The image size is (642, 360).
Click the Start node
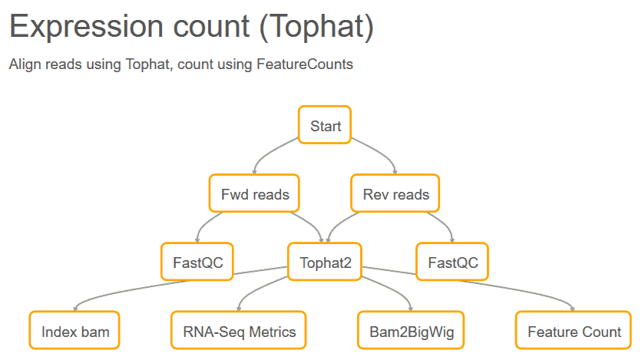click(x=325, y=125)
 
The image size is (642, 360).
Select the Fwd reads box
click(x=254, y=193)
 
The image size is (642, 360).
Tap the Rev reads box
click(x=395, y=193)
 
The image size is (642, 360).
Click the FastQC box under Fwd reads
click(x=197, y=262)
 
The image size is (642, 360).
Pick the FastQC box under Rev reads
click(x=452, y=262)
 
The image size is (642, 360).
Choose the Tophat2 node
click(x=325, y=262)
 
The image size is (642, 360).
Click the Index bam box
click(x=74, y=330)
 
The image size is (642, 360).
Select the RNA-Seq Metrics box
click(x=239, y=330)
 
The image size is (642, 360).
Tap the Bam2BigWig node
click(x=411, y=330)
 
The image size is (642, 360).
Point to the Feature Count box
click(x=573, y=330)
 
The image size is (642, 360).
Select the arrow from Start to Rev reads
click(x=380, y=152)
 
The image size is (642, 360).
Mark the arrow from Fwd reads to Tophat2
click(x=312, y=223)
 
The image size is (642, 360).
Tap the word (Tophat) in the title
click(x=316, y=27)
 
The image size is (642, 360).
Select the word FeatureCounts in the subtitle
click(x=305, y=64)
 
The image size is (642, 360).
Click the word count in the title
click(x=211, y=27)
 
